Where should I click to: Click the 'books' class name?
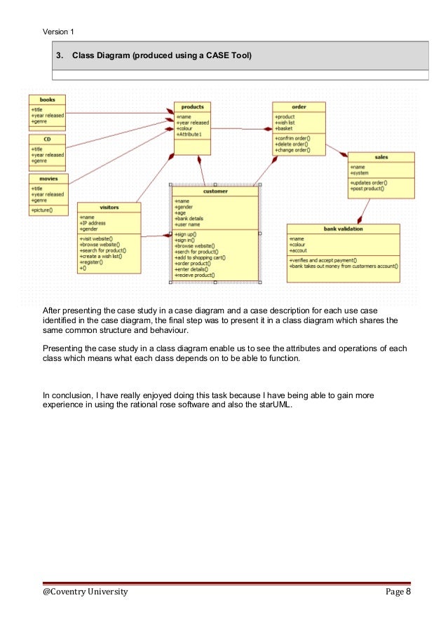48,100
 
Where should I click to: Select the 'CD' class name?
48,139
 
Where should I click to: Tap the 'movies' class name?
48,179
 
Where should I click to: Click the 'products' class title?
192,107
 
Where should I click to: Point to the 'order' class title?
299,107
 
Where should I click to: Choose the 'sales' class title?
381,157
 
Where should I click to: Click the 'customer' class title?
215,190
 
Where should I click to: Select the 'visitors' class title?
109,207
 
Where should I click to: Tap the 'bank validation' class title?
344,229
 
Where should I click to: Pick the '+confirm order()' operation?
292,138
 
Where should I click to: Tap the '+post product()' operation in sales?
368,189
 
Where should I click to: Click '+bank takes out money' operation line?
344,266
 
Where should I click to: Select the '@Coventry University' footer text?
86,592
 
